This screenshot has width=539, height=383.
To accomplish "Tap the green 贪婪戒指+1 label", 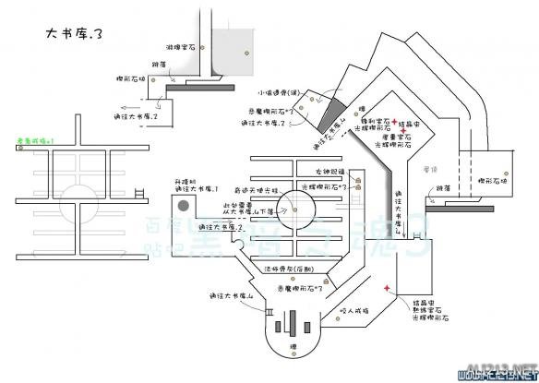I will pos(34,140).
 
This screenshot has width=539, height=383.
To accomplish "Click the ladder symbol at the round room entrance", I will pos(269,313).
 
